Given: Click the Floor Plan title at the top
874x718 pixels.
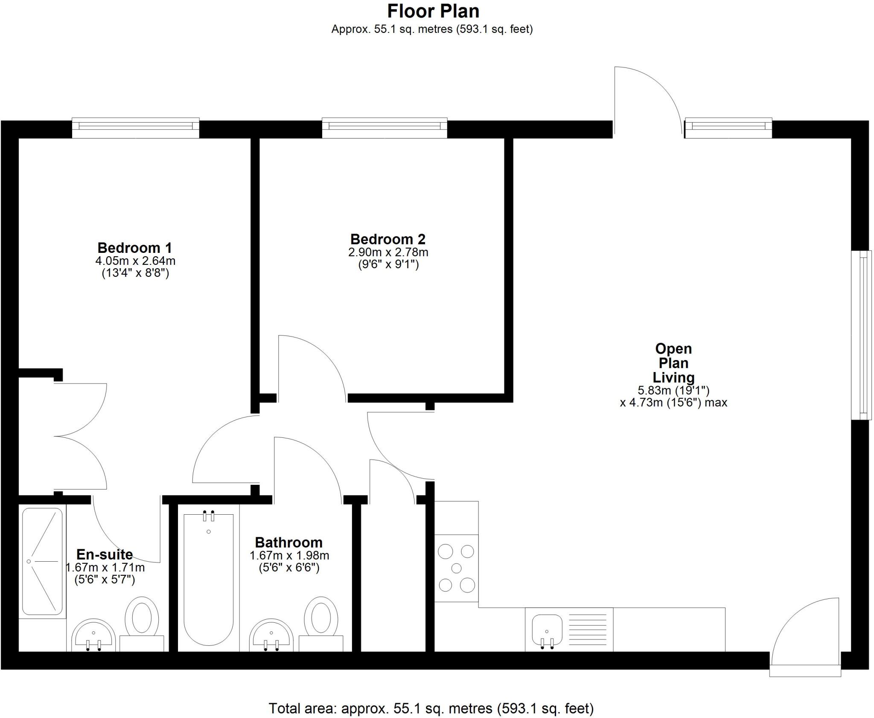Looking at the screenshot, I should coord(433,12).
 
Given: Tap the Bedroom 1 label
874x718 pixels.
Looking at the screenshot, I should coord(134,248).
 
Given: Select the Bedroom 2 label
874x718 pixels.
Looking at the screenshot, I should coord(387,239).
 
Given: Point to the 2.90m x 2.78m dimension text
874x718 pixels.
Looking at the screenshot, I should coord(388,252).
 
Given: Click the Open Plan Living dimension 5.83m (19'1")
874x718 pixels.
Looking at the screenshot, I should coord(673,390).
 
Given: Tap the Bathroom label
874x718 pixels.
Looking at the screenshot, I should coord(288,542).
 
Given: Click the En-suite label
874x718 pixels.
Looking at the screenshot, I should coord(105,554).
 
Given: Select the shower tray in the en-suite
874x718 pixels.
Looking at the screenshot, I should coord(42,561).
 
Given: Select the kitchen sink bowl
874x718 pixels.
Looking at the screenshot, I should coord(547,630).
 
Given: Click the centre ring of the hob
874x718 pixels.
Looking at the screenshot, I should coord(456,568).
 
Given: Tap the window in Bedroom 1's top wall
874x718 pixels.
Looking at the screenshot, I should coord(135,126).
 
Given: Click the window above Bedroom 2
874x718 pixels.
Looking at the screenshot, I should coord(384,126).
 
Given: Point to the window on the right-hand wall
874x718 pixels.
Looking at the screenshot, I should coord(861,335).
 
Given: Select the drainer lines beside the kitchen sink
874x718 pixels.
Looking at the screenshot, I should coord(588,630).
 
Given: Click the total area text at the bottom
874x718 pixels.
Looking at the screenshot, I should coord(431,708).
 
